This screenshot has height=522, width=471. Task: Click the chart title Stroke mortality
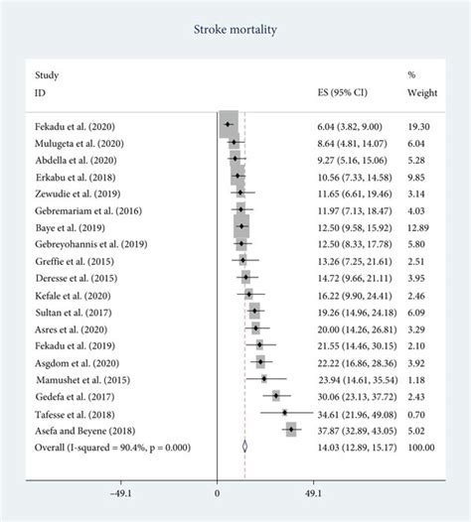coord(235,31)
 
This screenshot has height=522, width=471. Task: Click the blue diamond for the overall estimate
coord(243,446)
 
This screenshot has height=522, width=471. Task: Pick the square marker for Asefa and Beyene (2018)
coord(291,429)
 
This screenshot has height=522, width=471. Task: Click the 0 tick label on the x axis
coord(217,493)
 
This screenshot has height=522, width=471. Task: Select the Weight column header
coord(420,91)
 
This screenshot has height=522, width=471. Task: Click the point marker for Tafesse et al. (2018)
coord(284,412)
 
